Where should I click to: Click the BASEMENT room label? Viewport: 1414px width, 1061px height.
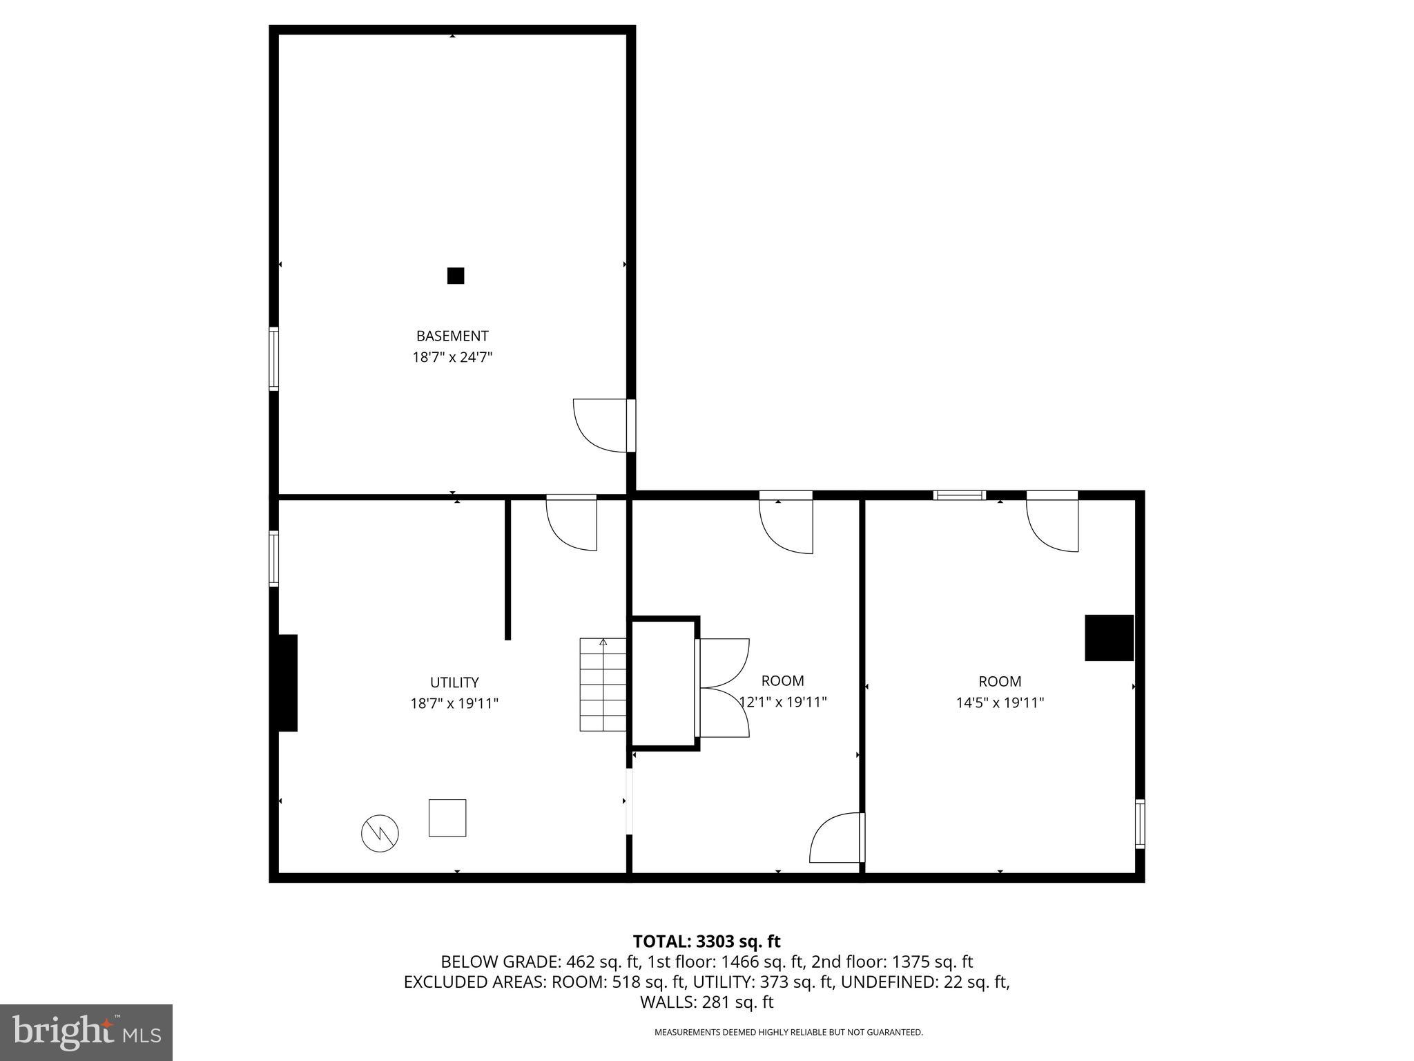tap(452, 336)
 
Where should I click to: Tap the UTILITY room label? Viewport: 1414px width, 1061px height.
tap(454, 682)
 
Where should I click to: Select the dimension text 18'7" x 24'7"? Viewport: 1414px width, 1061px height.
tap(452, 358)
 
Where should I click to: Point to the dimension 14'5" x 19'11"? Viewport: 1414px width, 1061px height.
tap(1000, 703)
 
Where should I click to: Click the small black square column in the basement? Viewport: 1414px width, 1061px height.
tap(456, 276)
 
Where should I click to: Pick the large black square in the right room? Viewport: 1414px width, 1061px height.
tap(1109, 638)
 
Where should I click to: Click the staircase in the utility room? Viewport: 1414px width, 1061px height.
tap(603, 685)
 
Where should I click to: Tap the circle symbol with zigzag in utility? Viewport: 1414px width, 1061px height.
tap(380, 834)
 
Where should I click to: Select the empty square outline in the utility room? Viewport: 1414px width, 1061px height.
tap(447, 818)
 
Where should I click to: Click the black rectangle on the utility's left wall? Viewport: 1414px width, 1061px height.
tap(287, 682)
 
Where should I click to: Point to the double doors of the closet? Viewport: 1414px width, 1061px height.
tap(724, 688)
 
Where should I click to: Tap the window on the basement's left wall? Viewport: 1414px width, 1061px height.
tap(274, 359)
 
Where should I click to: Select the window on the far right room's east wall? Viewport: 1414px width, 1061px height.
tap(1140, 824)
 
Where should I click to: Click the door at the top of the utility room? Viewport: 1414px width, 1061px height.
tap(572, 523)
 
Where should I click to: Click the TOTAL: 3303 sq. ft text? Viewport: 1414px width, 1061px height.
tap(706, 941)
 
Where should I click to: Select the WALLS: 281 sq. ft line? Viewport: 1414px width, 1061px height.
tap(706, 1002)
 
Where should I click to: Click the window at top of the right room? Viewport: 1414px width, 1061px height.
tap(959, 495)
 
